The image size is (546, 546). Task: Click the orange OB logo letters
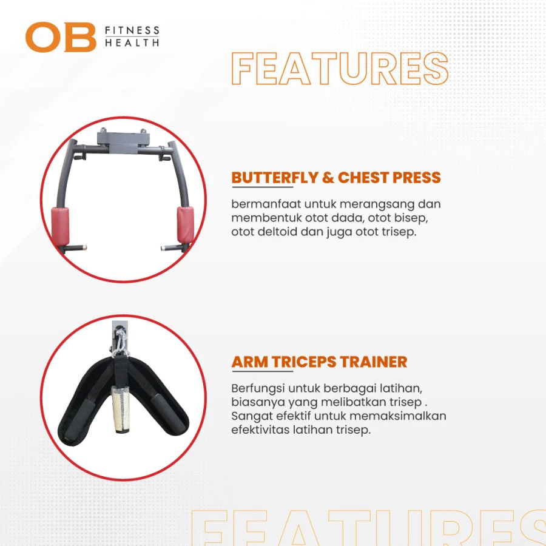[x=61, y=37]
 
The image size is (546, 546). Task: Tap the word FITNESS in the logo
[x=132, y=31]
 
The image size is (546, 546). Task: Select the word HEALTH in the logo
[x=132, y=43]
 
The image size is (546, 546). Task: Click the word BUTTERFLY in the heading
[x=275, y=178]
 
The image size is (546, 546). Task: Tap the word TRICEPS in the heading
[x=304, y=362]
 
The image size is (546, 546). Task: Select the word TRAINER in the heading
[x=374, y=362]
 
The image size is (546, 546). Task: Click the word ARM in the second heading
[x=250, y=362]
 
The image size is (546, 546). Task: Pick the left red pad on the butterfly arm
[x=60, y=226]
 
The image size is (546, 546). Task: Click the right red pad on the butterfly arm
[x=185, y=224]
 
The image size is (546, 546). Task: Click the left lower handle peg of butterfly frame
[x=73, y=248]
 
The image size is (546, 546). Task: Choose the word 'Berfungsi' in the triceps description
[x=257, y=389]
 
